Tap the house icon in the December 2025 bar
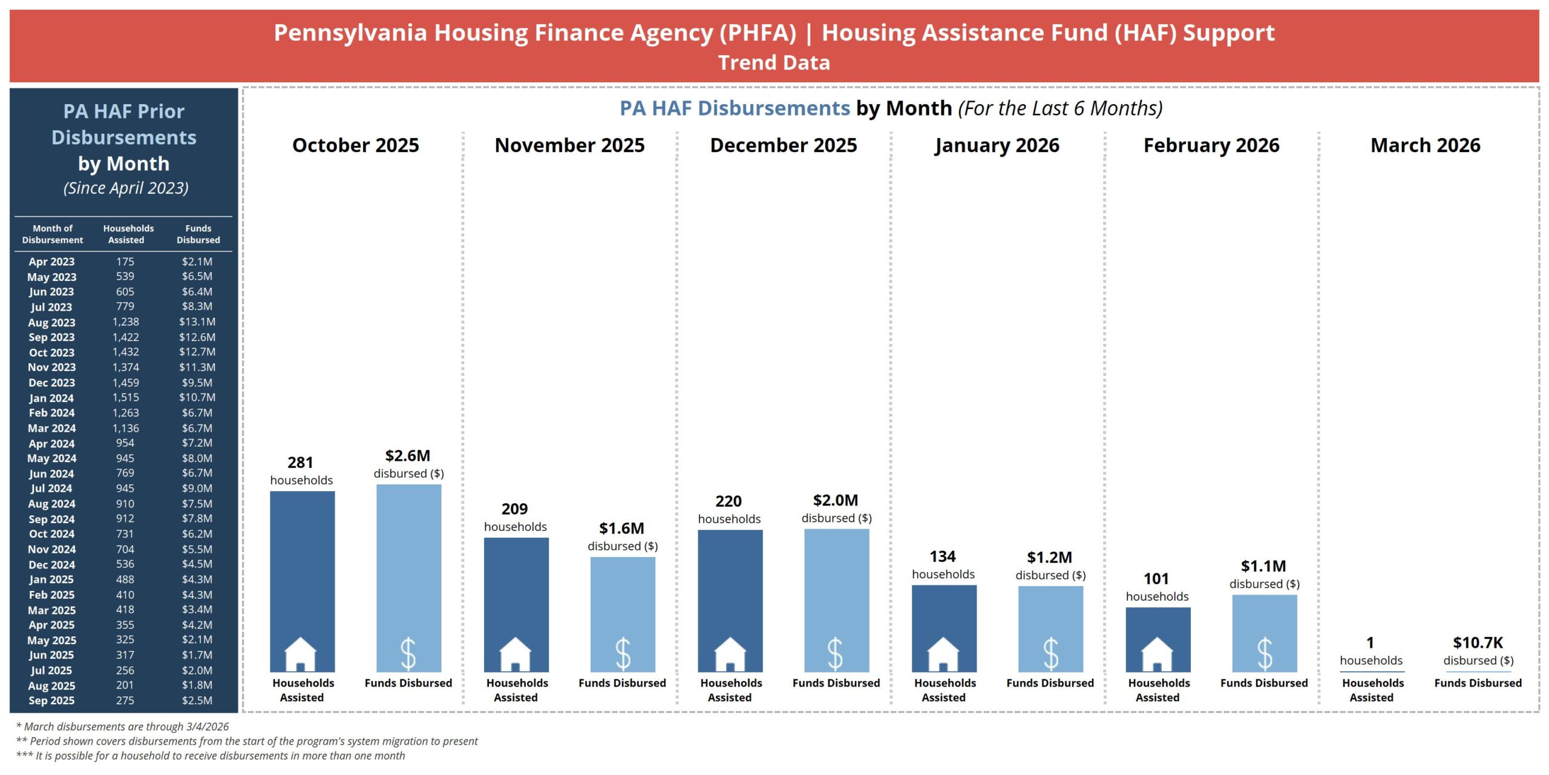coord(730,654)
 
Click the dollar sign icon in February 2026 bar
coord(1265,654)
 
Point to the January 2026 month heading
coord(997,145)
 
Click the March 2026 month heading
coord(1425,145)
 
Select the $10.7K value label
coord(1478,642)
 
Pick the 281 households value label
coord(300,463)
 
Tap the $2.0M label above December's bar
coord(836,500)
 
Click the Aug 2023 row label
coord(51,322)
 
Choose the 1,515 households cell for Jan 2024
coord(125,397)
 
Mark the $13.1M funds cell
coord(197,322)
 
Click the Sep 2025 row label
coord(51,701)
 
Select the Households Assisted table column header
coord(128,234)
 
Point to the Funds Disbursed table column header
coord(198,234)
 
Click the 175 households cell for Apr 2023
coord(125,262)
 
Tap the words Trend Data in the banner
coord(774,62)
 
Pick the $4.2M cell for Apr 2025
coord(197,625)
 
